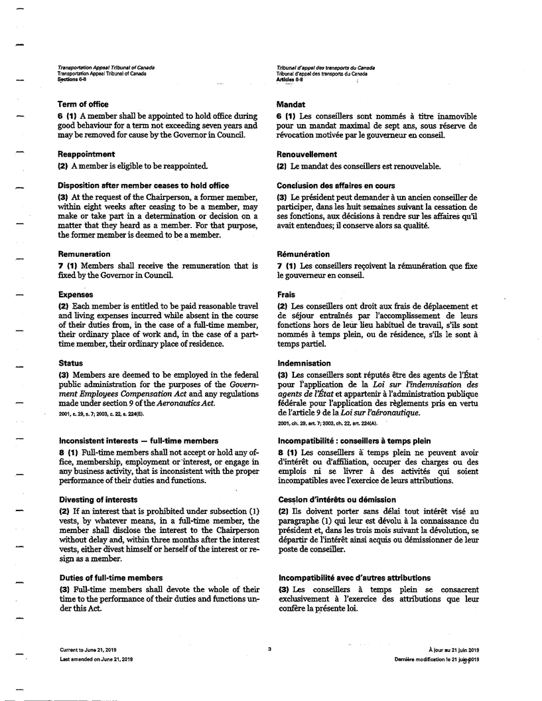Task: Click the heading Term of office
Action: click(x=83, y=104)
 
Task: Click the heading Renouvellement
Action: click(x=307, y=155)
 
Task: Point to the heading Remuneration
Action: click(x=84, y=254)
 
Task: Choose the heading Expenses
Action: click(x=75, y=294)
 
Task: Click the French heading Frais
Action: click(x=286, y=294)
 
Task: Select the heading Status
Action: click(x=70, y=364)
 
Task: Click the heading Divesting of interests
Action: click(x=98, y=499)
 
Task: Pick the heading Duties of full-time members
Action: click(x=109, y=578)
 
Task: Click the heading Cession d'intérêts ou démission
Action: click(x=326, y=499)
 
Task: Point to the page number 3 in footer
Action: click(x=270, y=649)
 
